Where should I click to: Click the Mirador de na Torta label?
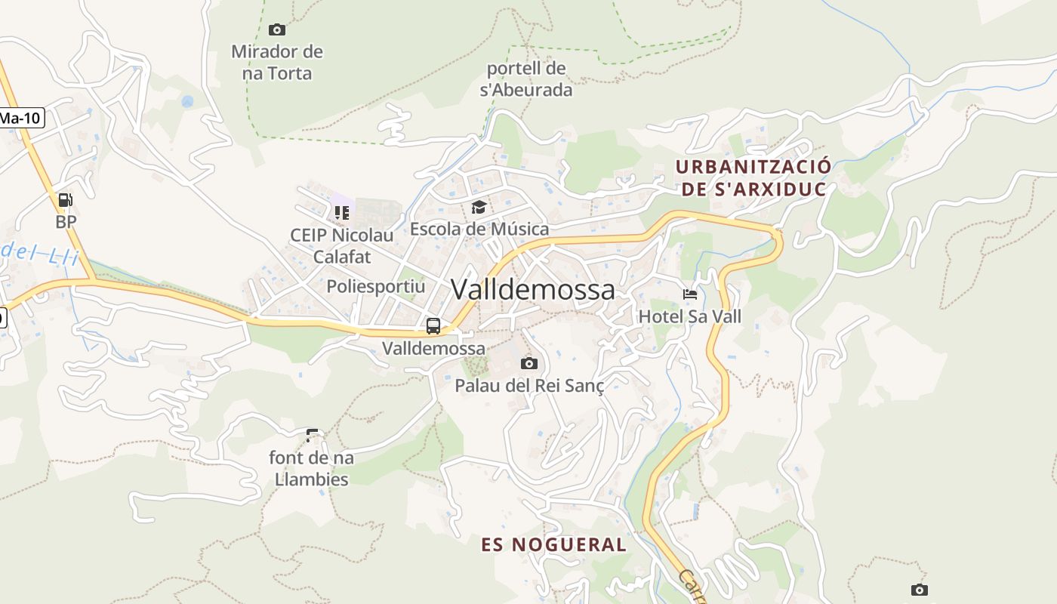point(276,63)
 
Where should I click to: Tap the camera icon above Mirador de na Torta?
point(277,29)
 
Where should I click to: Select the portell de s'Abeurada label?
point(526,79)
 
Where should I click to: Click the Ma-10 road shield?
point(20,118)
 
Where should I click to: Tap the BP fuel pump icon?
point(66,200)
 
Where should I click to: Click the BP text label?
point(66,222)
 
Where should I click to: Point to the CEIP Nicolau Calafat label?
point(342,246)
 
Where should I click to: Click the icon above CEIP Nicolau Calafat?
point(342,213)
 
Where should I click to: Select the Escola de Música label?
point(479,229)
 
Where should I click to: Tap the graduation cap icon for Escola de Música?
point(479,207)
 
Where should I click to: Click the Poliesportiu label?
point(376,287)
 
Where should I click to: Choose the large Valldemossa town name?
point(533,290)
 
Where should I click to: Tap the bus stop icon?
point(433,326)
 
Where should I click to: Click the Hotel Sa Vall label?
point(690,316)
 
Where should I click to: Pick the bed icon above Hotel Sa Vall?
point(690,294)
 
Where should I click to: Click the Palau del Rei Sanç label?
point(529,386)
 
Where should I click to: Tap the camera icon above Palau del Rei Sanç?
point(529,363)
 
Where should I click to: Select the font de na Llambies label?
point(312,468)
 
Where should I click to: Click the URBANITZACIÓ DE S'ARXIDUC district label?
point(753,177)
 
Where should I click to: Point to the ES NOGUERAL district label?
point(554,544)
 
